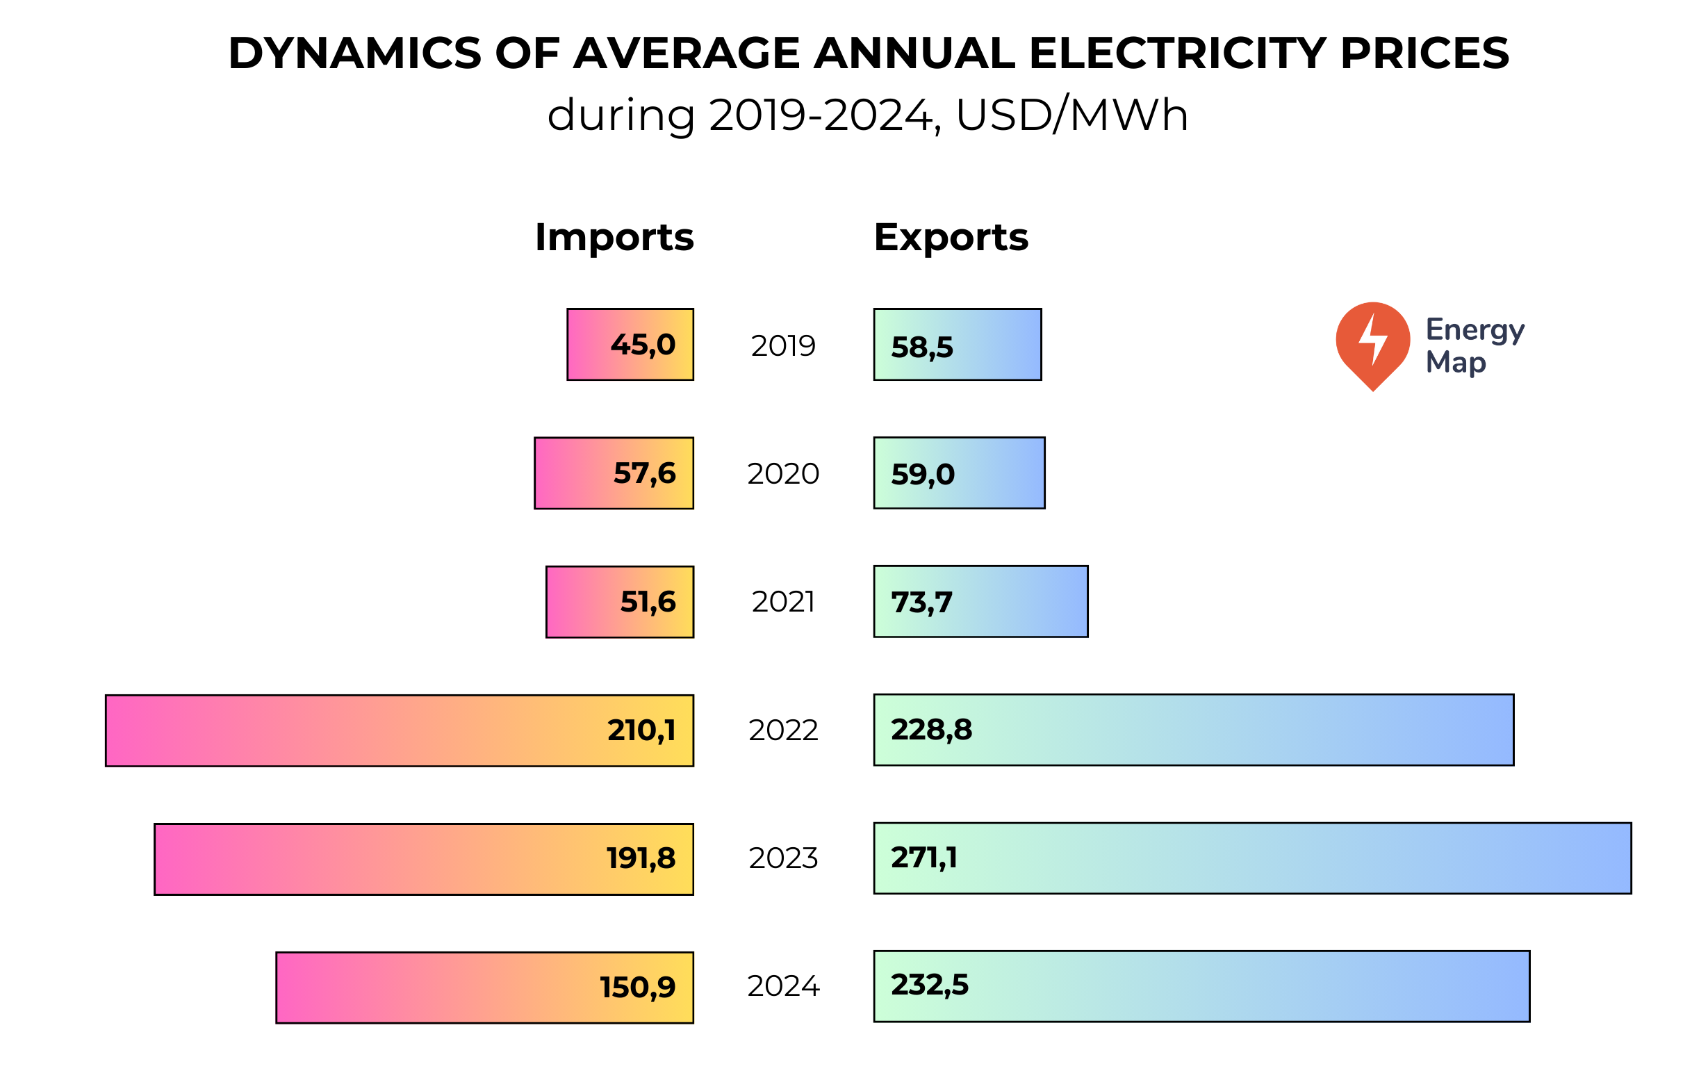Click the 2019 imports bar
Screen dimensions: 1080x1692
(x=630, y=344)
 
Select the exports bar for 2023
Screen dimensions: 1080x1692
(x=1252, y=858)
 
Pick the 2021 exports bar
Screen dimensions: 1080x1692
(x=981, y=601)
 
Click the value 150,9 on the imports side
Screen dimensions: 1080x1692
(x=637, y=988)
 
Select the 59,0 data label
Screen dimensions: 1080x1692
(x=923, y=474)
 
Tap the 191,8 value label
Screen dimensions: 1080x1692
(x=640, y=859)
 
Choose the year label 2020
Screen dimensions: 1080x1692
(x=784, y=474)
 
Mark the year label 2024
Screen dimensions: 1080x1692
(x=784, y=987)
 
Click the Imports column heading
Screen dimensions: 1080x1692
(x=614, y=238)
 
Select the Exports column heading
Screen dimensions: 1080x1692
(x=951, y=238)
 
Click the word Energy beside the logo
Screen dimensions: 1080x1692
(x=1475, y=329)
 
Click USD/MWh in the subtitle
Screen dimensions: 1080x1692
(x=1071, y=115)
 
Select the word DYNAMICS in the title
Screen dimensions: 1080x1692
(x=355, y=54)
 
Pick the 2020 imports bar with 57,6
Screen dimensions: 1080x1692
(x=614, y=473)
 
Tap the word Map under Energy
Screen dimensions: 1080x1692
(x=1455, y=363)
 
